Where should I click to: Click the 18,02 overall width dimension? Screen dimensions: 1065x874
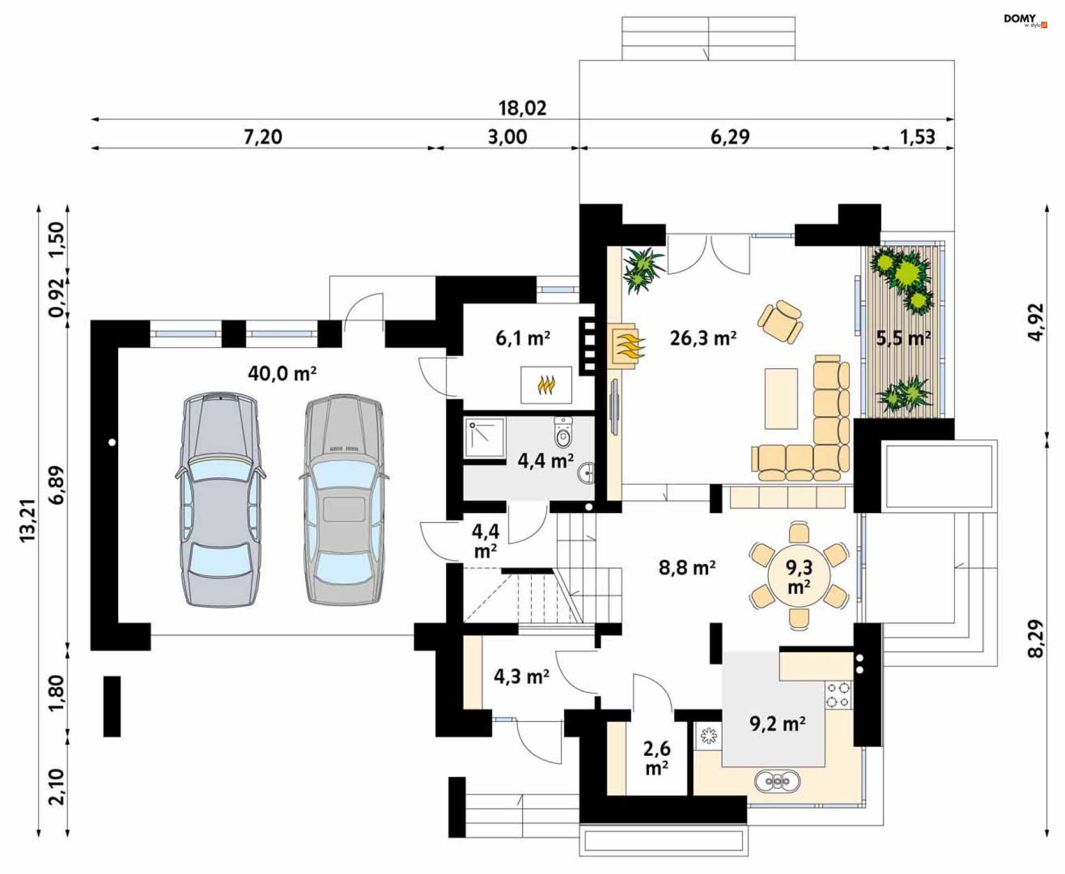[x=522, y=108]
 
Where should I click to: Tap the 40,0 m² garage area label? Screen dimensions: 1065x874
[x=282, y=373]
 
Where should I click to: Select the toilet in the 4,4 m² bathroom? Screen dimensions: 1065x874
[x=563, y=433]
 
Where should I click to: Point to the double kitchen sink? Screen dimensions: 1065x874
[x=777, y=781]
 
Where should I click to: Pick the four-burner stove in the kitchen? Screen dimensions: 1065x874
[x=838, y=695]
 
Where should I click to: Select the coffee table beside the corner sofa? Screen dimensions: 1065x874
[x=781, y=399]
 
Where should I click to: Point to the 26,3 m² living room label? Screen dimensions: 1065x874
[x=703, y=338]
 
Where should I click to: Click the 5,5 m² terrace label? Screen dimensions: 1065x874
[x=903, y=338]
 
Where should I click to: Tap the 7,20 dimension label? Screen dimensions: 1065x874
[x=263, y=136]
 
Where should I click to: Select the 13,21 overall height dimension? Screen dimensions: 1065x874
[x=27, y=520]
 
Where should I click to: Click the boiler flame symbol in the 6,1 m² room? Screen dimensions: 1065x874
[x=546, y=384]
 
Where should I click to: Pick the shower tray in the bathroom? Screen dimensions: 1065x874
[x=484, y=438]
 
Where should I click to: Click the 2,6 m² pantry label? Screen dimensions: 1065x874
[x=657, y=758]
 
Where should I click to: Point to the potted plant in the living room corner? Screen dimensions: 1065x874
[x=642, y=270]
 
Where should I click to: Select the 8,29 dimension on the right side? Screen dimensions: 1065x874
[x=1035, y=638]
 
